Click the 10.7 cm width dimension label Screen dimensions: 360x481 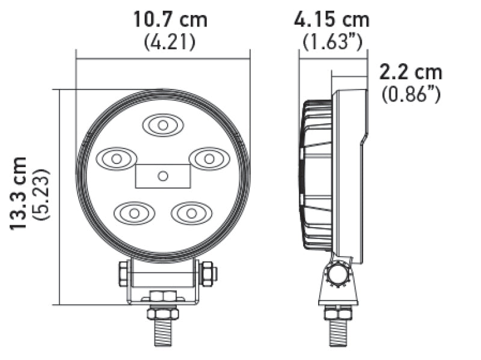point(170,19)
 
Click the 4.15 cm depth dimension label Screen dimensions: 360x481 point(331,19)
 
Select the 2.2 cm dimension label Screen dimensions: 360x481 point(410,72)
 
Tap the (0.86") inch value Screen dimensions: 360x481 point(411,94)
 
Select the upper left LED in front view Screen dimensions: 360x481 point(116,159)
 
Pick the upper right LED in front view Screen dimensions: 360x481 point(209,159)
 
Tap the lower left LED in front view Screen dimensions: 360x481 point(134,213)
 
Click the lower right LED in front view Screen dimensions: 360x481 point(191,213)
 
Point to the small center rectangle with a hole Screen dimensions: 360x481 point(162,175)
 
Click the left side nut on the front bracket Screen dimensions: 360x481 point(124,274)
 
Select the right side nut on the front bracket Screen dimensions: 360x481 point(207,274)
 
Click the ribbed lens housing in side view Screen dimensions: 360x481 point(316,174)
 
